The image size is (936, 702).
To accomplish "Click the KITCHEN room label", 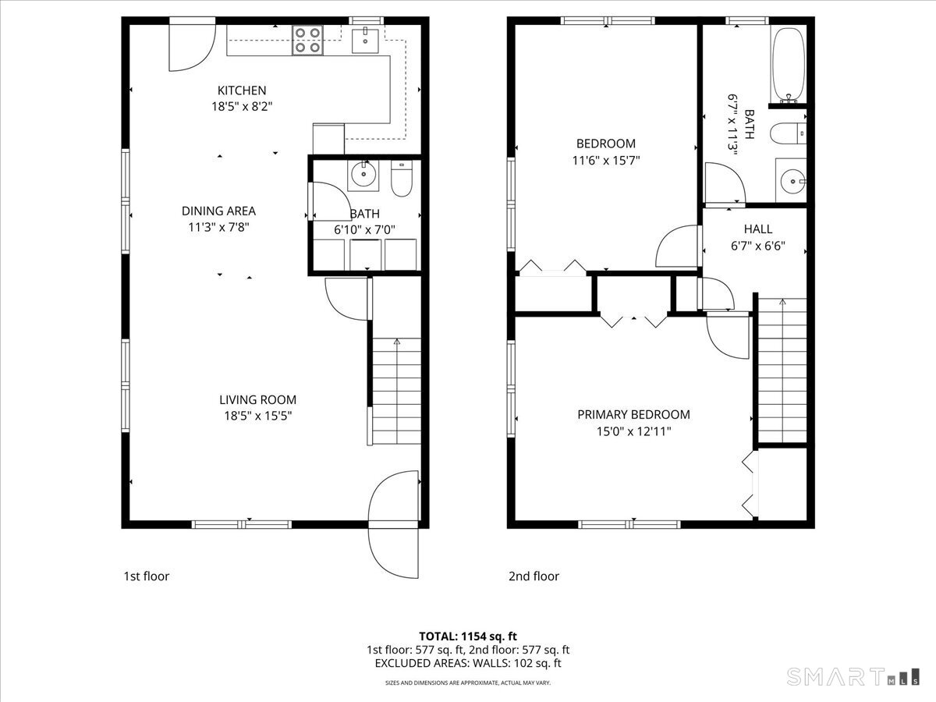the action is [x=242, y=90].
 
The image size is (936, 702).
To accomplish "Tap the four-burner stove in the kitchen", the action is [x=307, y=41].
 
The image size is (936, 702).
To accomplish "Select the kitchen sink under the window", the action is [x=365, y=40].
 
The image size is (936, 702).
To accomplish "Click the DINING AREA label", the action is [x=218, y=211].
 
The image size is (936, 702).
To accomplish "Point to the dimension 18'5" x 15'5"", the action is [x=258, y=416].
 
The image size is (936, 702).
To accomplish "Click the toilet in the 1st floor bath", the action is [x=402, y=178].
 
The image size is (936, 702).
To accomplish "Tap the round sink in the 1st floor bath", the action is [x=363, y=175].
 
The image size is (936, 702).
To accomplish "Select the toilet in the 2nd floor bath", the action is [x=788, y=133].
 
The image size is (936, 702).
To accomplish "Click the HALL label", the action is [x=757, y=229].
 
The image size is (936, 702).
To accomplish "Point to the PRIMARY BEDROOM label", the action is [x=633, y=414].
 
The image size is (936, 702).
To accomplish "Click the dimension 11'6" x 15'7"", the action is [x=606, y=161].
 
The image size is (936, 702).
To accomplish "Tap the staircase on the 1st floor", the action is [x=396, y=392].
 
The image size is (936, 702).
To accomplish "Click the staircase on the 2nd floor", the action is [x=782, y=370].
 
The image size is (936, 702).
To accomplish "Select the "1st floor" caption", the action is [x=147, y=576].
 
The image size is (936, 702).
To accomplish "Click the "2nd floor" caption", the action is [x=534, y=576].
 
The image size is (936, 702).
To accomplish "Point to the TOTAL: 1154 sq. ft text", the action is [x=468, y=636].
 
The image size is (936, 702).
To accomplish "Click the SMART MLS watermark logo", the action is [x=853, y=677].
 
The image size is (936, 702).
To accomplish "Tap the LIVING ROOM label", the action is [x=257, y=400].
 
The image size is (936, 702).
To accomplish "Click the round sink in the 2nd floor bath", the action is [x=791, y=181].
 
